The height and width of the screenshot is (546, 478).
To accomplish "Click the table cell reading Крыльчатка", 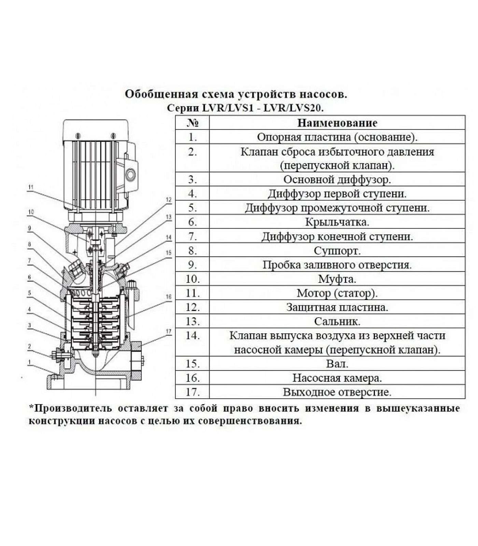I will (x=337, y=222).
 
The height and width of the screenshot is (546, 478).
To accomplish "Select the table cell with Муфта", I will (x=337, y=279).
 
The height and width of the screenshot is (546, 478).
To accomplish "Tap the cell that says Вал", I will (x=337, y=364).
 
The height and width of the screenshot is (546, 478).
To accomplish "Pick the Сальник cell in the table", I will (x=337, y=321).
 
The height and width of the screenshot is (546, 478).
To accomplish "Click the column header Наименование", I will (x=337, y=123).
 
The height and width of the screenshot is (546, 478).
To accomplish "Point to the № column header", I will (x=193, y=123).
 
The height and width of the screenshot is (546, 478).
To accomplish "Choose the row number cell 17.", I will (x=193, y=392).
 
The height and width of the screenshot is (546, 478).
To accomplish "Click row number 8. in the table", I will (x=193, y=251).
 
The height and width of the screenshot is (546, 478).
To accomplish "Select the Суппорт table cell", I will (x=337, y=251).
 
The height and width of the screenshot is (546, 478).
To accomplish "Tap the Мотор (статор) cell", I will (x=337, y=293).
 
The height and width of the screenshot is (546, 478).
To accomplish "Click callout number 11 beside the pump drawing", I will (x=31, y=187).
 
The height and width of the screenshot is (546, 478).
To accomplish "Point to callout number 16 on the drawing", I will (x=168, y=297).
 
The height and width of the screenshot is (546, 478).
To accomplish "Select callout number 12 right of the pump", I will (x=168, y=200).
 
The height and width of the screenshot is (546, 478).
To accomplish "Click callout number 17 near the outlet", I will (x=168, y=331).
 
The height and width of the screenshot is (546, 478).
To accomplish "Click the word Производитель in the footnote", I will (x=73, y=408).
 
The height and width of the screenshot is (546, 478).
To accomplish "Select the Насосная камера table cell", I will (x=337, y=378).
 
